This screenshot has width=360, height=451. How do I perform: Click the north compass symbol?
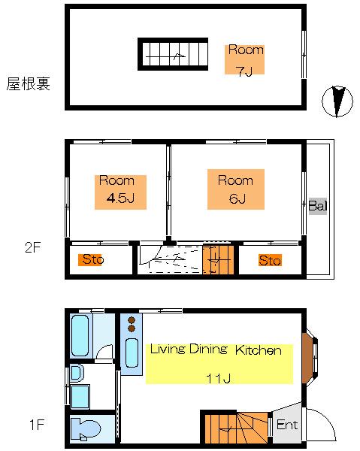(x=337, y=101)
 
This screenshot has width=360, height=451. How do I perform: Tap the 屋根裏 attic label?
(x=28, y=84)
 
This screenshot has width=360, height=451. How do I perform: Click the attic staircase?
(x=173, y=54)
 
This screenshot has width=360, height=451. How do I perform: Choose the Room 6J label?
(x=236, y=189)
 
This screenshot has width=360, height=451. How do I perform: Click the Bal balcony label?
(x=318, y=206)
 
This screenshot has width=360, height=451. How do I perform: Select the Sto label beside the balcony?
(x=270, y=260)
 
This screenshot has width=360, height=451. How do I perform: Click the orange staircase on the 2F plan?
(x=218, y=259)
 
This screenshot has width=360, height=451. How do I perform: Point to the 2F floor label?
(x=33, y=247)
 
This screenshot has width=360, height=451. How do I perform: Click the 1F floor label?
(x=37, y=425)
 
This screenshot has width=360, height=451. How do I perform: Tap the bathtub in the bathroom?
(x=80, y=336)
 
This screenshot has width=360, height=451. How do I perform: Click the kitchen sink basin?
(x=132, y=353)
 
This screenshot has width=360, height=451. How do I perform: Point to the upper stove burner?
(x=132, y=320)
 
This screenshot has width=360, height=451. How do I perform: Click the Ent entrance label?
(x=287, y=425)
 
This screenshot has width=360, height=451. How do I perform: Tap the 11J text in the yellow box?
(x=219, y=379)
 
